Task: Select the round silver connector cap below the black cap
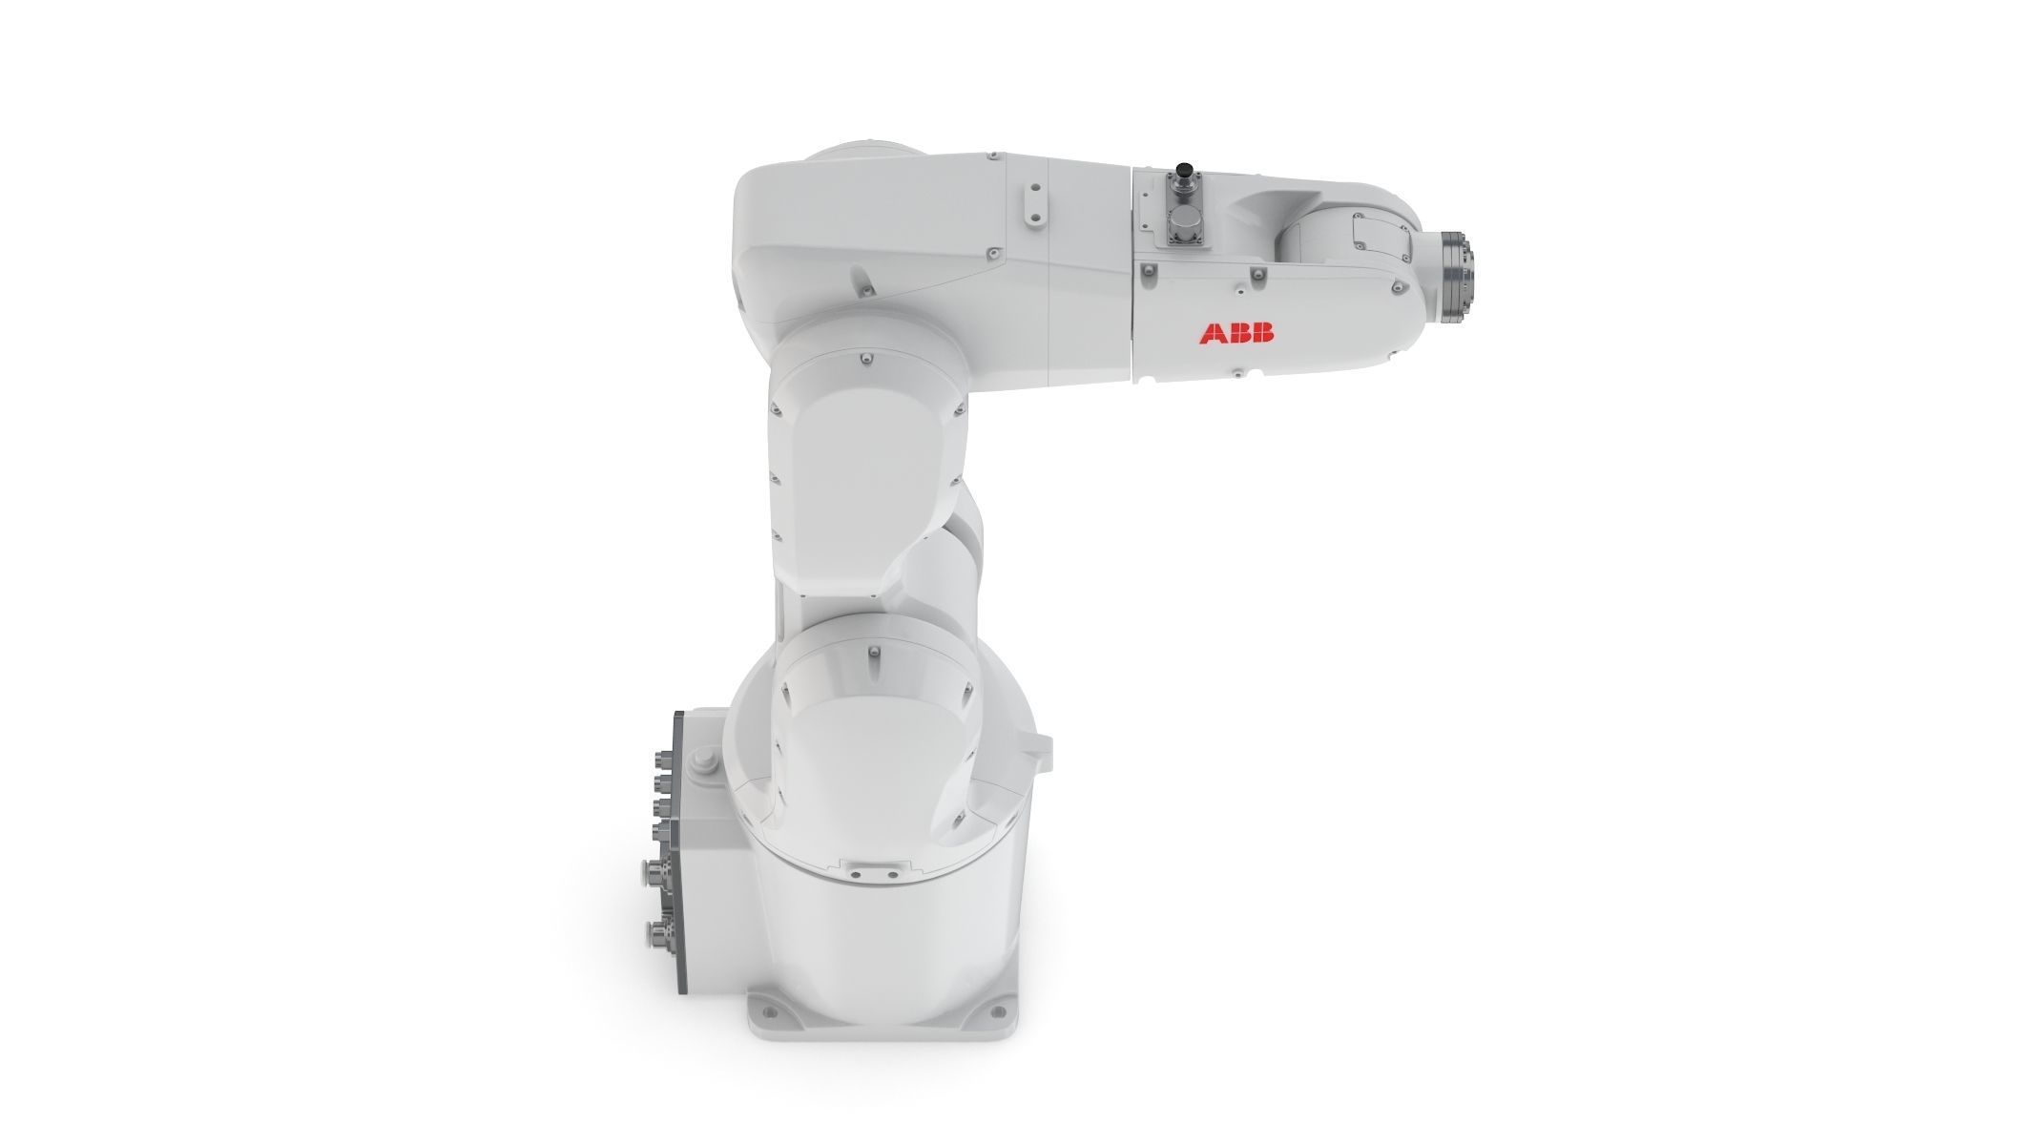[1186, 226]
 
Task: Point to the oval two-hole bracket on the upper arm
[1032, 204]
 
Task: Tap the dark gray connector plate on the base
[679, 849]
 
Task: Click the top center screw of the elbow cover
[862, 358]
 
